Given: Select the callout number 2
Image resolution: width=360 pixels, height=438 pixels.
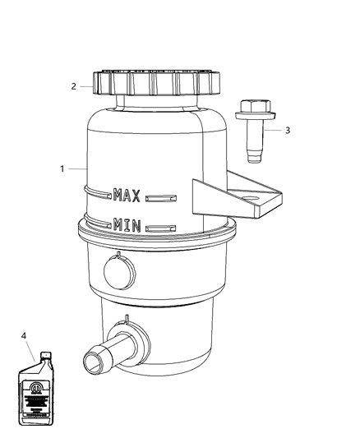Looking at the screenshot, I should tap(73, 85).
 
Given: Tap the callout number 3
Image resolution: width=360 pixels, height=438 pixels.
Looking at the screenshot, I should tap(288, 130).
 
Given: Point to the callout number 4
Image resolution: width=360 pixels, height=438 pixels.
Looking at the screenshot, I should tap(24, 335).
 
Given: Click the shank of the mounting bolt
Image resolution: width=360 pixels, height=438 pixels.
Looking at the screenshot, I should tap(250, 141).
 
